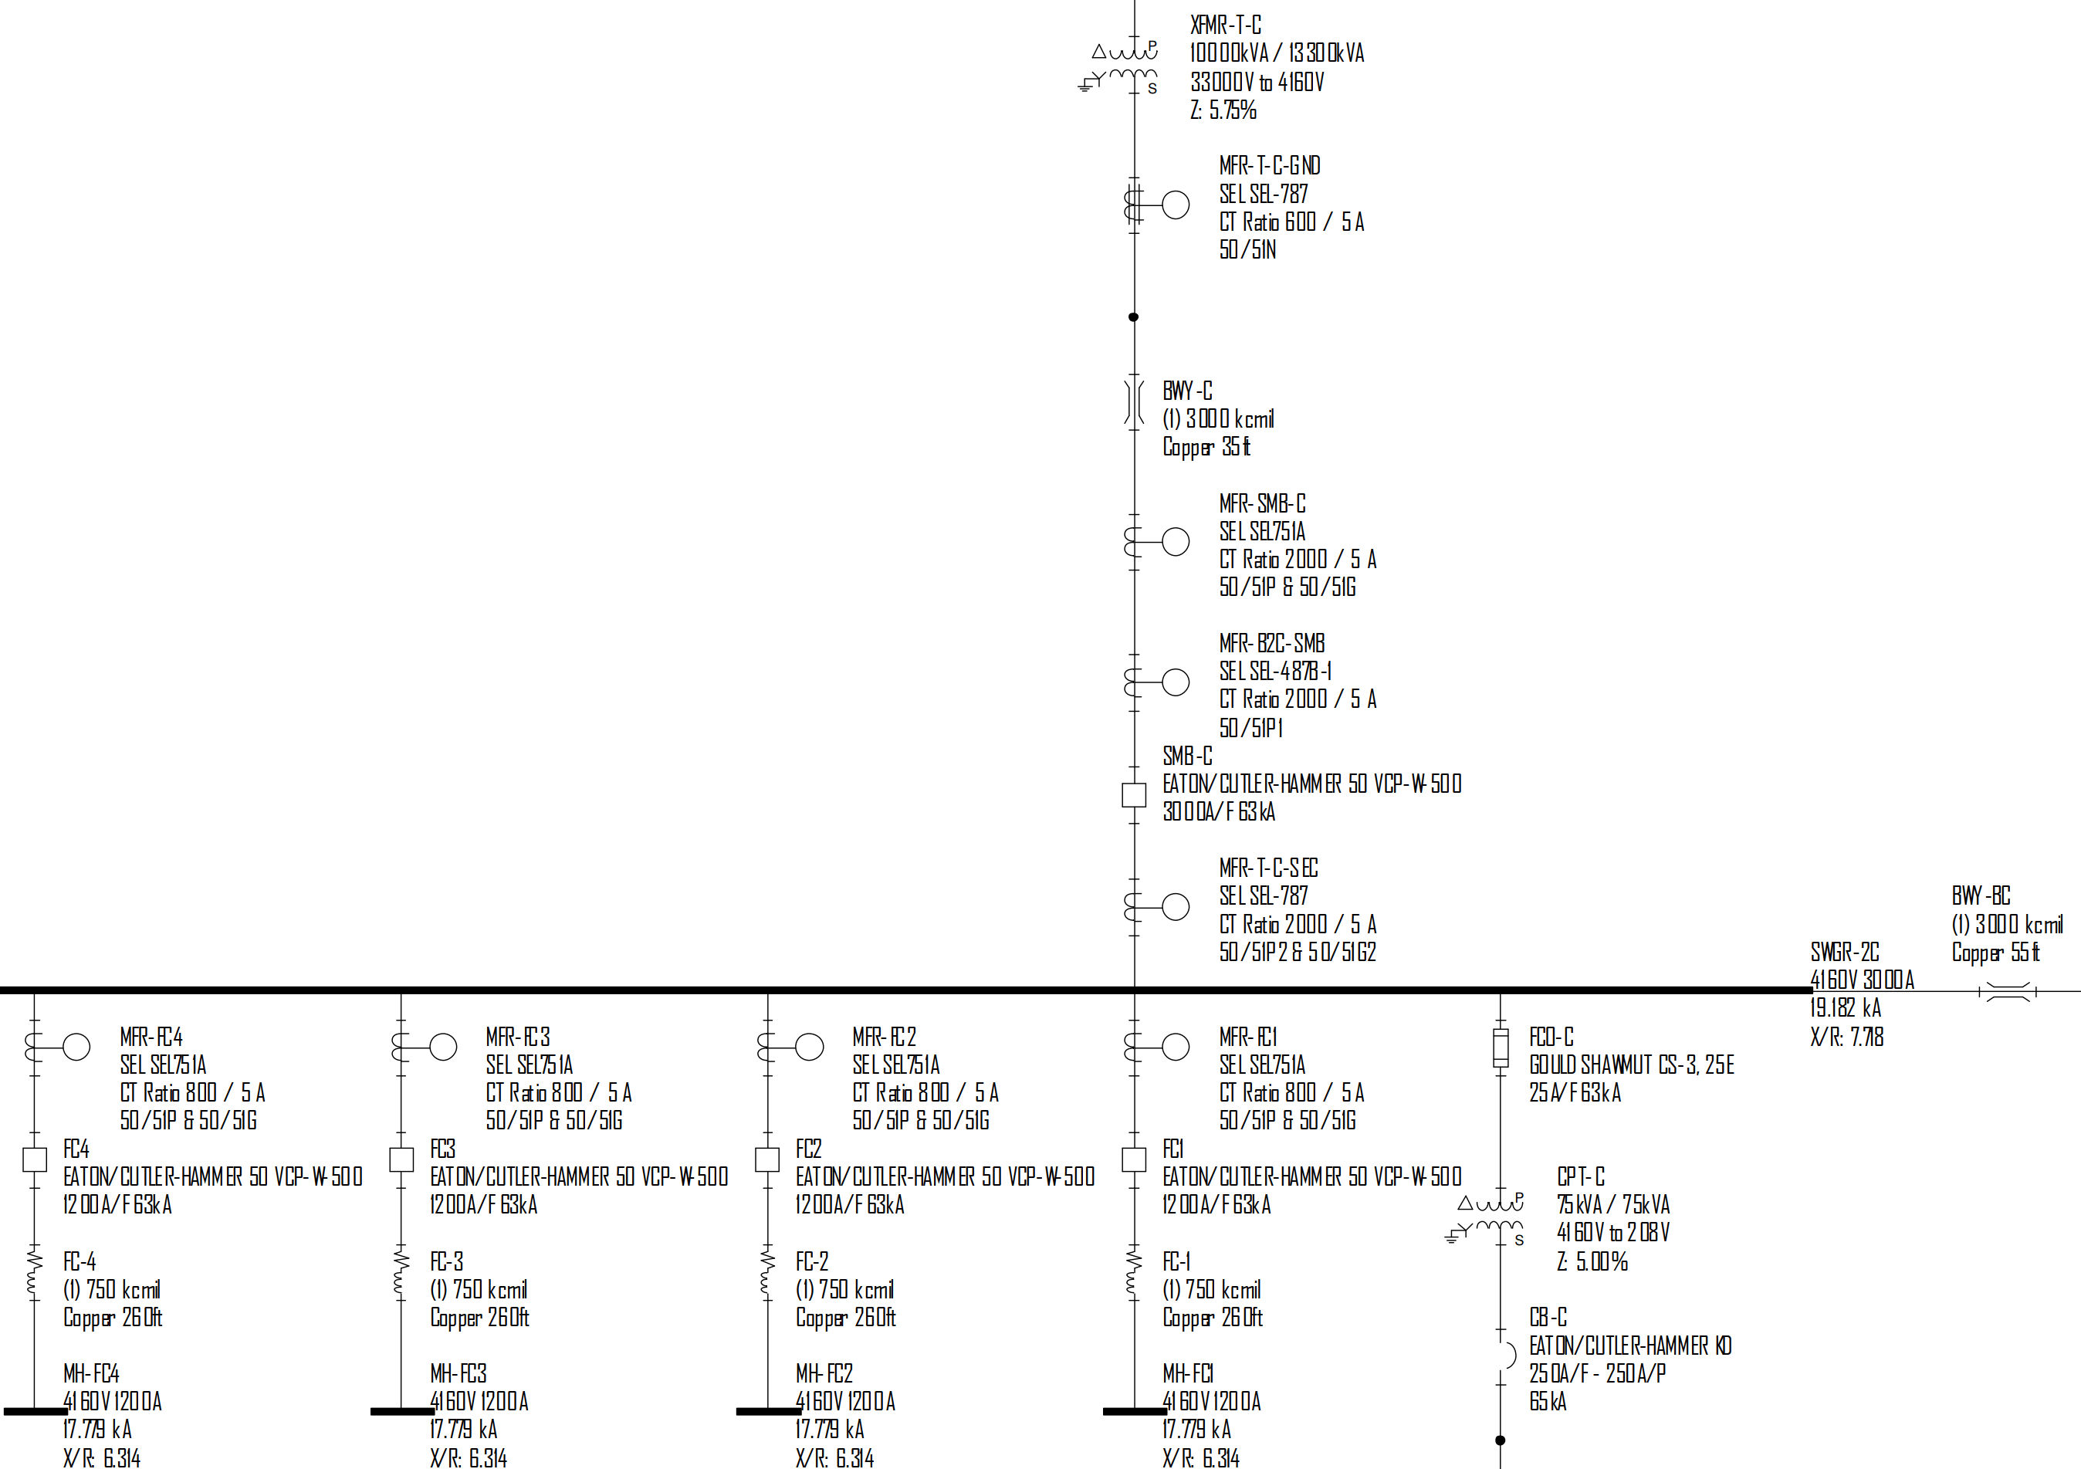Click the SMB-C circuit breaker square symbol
coord(1133,795)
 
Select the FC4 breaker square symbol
coord(35,1159)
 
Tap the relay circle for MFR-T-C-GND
coord(1176,205)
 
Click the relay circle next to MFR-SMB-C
coord(1176,541)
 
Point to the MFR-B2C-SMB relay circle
coord(1176,682)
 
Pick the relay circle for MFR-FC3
coord(442,1047)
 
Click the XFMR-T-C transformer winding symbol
coord(1133,63)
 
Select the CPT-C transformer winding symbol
coord(1500,1217)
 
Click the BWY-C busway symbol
coord(1134,401)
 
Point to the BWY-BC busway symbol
coord(2008,992)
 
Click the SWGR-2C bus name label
coord(1845,952)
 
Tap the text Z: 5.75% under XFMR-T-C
coord(1223,110)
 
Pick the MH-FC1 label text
coord(1188,1373)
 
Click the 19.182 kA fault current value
coord(1846,1007)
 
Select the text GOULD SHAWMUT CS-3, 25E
coord(1632,1065)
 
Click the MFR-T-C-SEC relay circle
coord(1176,906)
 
